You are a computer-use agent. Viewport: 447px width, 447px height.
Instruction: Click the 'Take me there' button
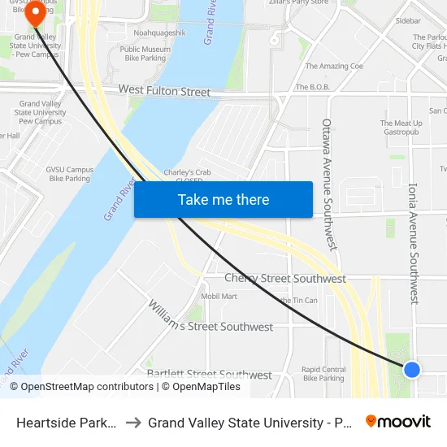pos(223,200)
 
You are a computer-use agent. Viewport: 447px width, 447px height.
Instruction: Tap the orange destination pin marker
pos(35,15)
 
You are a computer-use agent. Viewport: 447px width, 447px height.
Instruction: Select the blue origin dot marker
pos(412,370)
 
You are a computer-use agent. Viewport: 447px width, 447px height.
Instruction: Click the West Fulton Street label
pos(164,90)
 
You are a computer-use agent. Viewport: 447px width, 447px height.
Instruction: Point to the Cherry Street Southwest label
pos(285,279)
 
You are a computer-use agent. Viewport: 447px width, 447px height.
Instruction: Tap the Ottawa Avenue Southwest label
pos(328,184)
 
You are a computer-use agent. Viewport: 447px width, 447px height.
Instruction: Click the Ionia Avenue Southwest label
pos(414,243)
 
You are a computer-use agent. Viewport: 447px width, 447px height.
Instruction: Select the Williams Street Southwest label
pos(210,317)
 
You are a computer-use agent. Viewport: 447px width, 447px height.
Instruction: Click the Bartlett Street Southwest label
pos(210,375)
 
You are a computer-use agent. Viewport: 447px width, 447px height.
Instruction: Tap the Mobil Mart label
pos(219,297)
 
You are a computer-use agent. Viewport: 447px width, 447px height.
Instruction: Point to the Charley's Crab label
pos(188,172)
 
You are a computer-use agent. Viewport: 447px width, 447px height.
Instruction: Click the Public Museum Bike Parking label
pos(143,54)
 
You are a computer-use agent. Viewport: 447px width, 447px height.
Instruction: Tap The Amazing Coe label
pos(335,66)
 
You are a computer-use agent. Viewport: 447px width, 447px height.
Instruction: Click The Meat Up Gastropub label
pos(399,128)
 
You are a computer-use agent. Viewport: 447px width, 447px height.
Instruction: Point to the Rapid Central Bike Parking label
pos(323,374)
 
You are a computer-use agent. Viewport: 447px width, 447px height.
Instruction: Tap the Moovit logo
pos(398,421)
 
